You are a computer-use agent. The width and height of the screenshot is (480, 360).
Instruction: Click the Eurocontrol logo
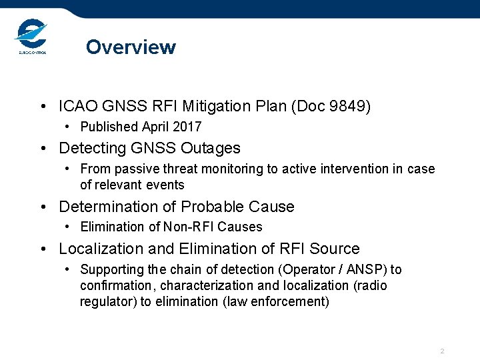click(x=30, y=37)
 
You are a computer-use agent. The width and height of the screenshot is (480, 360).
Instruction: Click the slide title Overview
click(x=131, y=47)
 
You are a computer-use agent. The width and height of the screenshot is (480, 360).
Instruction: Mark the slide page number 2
click(x=442, y=351)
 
